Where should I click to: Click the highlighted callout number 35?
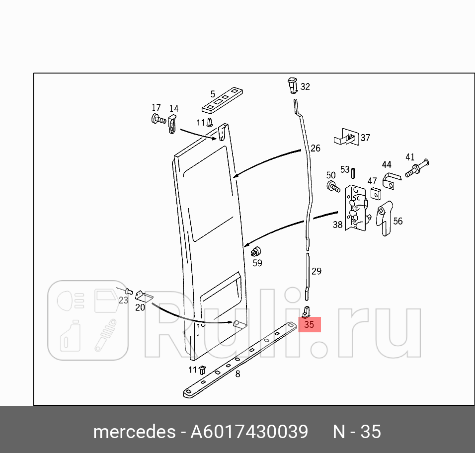click(x=309, y=325)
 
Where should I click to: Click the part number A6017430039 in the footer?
click(x=249, y=431)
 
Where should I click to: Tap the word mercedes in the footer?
click(x=134, y=431)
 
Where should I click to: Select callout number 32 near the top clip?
click(x=305, y=86)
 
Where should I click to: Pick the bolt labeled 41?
click(x=416, y=169)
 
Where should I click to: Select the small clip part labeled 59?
click(x=256, y=252)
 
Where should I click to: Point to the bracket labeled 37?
click(x=346, y=137)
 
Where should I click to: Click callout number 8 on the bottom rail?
click(x=237, y=374)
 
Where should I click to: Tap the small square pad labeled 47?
click(x=375, y=193)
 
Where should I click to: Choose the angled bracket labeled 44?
click(x=391, y=181)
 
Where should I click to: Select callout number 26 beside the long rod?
click(x=316, y=148)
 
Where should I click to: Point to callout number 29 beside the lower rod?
click(x=316, y=271)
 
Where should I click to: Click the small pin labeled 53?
click(x=352, y=173)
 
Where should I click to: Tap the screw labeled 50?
click(x=333, y=187)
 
